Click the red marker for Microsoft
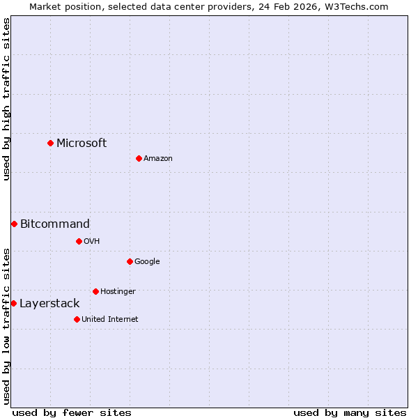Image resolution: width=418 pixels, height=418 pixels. click(x=50, y=143)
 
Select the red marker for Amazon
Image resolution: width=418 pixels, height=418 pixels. click(x=139, y=158)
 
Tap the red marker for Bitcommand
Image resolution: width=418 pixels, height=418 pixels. click(x=14, y=224)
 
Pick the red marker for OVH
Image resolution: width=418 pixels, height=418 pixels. click(x=79, y=241)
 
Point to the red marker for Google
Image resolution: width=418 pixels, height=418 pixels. click(x=130, y=261)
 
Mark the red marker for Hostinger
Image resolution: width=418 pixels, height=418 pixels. click(x=95, y=291)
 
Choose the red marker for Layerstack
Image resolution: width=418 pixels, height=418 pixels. click(x=13, y=303)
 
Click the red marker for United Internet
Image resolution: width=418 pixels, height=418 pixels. click(x=77, y=319)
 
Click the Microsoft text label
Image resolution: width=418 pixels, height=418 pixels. click(x=82, y=144)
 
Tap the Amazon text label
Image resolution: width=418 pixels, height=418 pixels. click(x=158, y=159)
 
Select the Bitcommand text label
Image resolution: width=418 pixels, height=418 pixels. click(x=55, y=224)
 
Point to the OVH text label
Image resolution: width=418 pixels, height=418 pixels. click(x=92, y=242)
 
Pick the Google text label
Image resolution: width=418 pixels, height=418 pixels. click(x=147, y=262)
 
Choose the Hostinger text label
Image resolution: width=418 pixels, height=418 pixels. click(x=118, y=292)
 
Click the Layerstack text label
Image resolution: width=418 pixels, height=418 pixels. click(x=49, y=304)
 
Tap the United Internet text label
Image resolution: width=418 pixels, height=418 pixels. click(x=110, y=320)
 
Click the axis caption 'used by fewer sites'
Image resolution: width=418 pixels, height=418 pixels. click(x=72, y=413)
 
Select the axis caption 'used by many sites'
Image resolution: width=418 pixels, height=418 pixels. click(x=350, y=413)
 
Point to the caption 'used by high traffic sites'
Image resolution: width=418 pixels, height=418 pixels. click(x=7, y=99)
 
